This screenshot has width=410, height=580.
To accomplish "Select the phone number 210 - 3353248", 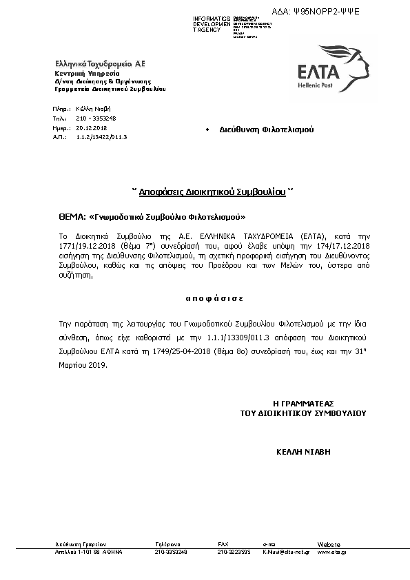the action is [96, 118].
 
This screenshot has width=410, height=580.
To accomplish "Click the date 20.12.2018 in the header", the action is [92, 127].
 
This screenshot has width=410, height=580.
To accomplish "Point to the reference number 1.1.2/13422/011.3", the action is [101, 137].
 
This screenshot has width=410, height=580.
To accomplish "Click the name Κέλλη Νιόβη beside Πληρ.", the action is [94, 109].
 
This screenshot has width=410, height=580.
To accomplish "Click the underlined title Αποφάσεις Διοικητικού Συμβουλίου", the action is [212, 194].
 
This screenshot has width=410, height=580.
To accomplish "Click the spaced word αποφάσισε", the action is [205, 299].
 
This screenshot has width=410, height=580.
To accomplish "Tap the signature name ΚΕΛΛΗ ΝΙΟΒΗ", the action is [303, 452].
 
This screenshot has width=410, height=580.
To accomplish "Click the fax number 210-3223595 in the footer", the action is [234, 552].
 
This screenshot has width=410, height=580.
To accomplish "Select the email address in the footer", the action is [285, 552].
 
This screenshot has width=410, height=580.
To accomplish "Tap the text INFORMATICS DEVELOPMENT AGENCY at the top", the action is [212, 24].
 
